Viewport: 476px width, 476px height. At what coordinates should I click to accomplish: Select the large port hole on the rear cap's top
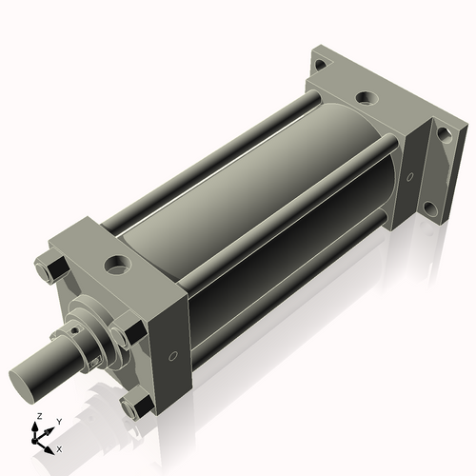pyautogui.click(x=364, y=98)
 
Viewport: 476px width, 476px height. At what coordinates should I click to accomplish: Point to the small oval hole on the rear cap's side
pyautogui.click(x=410, y=177)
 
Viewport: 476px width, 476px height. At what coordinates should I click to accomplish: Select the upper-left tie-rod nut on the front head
pyautogui.click(x=48, y=268)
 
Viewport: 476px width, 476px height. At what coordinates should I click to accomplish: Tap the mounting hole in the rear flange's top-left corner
pyautogui.click(x=321, y=66)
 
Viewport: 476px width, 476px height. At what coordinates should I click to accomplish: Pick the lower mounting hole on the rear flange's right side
pyautogui.click(x=432, y=209)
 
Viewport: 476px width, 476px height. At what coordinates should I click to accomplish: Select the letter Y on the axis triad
pyautogui.click(x=58, y=421)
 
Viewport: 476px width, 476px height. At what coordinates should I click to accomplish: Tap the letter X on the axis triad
pyautogui.click(x=59, y=447)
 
